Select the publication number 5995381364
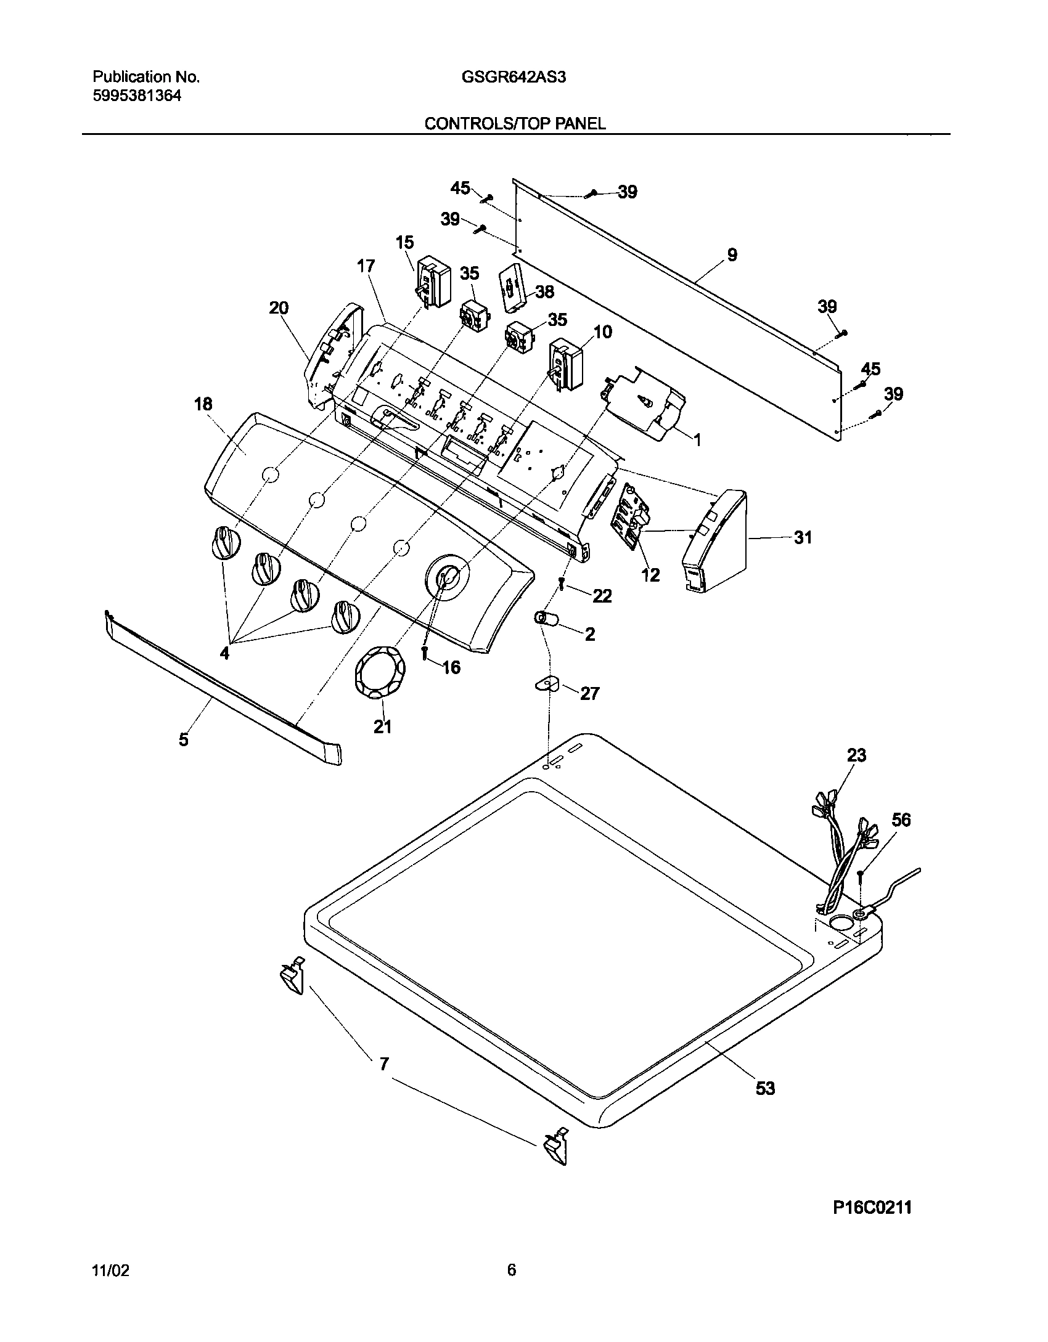(x=137, y=96)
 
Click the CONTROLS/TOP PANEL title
(x=515, y=123)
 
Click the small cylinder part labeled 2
(x=546, y=619)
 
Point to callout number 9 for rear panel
(x=732, y=254)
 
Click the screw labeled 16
(x=425, y=653)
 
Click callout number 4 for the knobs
(x=225, y=653)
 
